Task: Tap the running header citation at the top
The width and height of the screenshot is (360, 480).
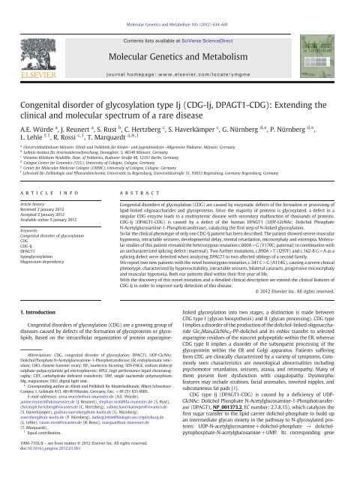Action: pyautogui.click(x=180, y=3)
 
